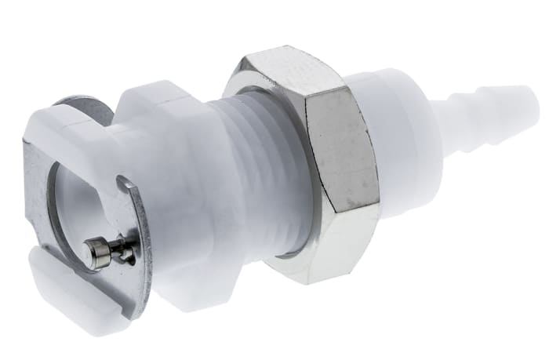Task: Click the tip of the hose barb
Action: point(534,100)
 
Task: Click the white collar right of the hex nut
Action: point(400,157)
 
